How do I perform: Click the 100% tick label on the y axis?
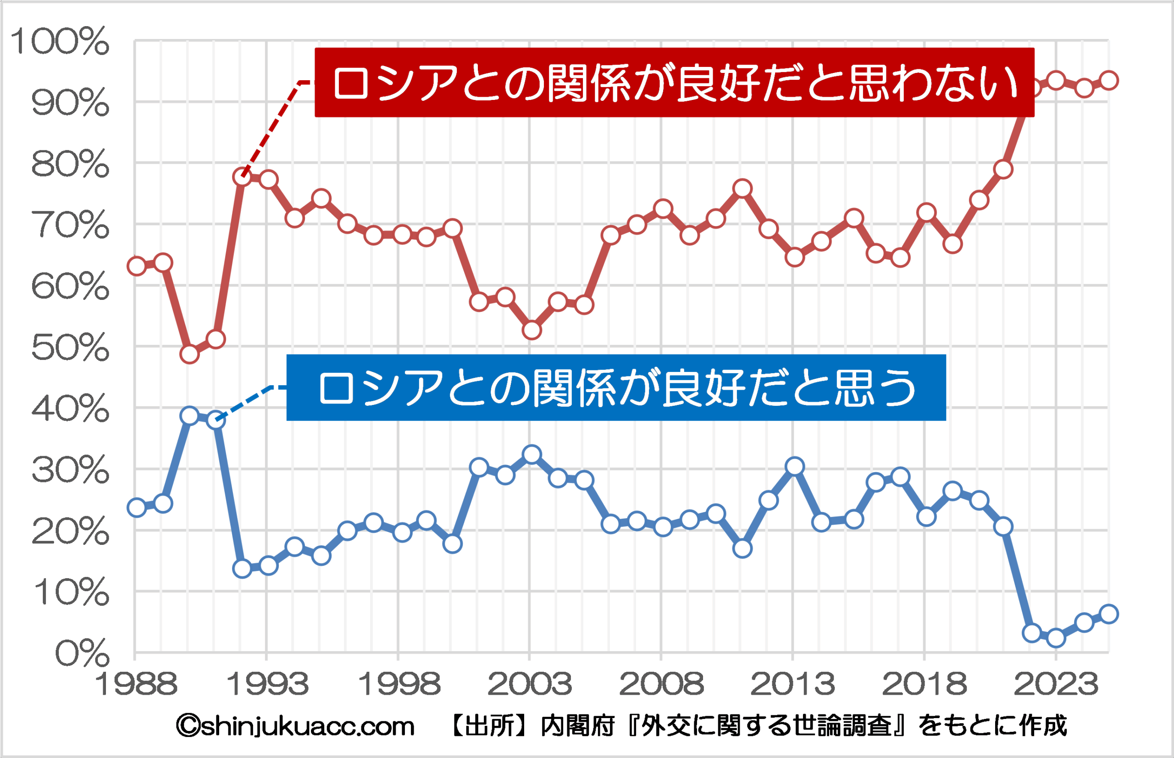coord(60,41)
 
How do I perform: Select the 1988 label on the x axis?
coord(136,684)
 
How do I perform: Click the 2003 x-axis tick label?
coord(530,684)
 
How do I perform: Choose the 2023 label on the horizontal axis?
coord(1055,684)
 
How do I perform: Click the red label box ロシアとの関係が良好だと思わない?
coord(675,83)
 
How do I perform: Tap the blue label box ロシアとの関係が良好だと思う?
coord(616,388)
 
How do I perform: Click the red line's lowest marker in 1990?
coord(189,354)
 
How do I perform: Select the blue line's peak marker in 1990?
coord(189,416)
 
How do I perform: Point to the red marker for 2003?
coord(532,330)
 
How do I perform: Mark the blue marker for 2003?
coord(532,454)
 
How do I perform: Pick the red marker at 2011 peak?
coord(742,188)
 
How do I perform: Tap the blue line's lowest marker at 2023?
coord(1056,638)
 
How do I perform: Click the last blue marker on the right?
coord(1108,614)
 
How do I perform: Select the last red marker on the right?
coord(1108,80)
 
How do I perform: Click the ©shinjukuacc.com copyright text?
coord(295,726)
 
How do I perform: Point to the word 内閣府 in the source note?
coord(578,726)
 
